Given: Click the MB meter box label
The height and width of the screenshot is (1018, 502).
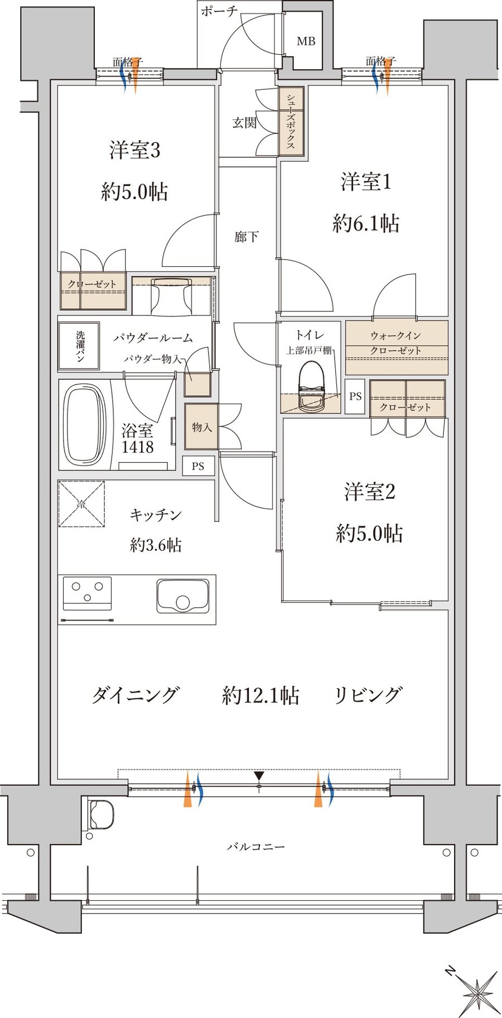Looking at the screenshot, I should click(x=306, y=41).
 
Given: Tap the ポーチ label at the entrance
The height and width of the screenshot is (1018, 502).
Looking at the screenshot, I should click(x=219, y=11).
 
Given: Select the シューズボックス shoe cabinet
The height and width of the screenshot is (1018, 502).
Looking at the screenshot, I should click(x=291, y=121).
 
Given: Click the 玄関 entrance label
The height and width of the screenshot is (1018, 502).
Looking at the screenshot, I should click(x=244, y=122).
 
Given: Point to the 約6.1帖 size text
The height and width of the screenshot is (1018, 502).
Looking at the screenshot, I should click(x=366, y=224).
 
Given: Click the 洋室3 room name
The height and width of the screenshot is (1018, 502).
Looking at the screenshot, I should click(x=135, y=150).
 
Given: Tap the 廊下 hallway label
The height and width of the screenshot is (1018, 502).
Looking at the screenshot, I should click(x=247, y=237).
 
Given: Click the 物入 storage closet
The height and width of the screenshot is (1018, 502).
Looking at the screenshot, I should click(x=201, y=427).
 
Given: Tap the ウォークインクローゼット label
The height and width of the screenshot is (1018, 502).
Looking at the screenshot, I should click(x=396, y=343).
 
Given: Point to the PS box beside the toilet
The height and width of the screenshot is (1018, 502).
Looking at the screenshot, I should click(x=355, y=397).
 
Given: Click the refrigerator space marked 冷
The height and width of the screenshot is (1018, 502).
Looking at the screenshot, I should click(x=81, y=504).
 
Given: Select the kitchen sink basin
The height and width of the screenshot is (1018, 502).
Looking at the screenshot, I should click(x=183, y=597).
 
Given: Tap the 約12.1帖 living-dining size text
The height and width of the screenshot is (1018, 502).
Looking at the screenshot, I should click(x=260, y=695).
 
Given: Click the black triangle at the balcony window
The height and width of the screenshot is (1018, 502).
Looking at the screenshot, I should click(x=259, y=776).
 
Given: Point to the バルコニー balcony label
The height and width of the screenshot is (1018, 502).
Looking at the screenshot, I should click(x=256, y=847).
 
